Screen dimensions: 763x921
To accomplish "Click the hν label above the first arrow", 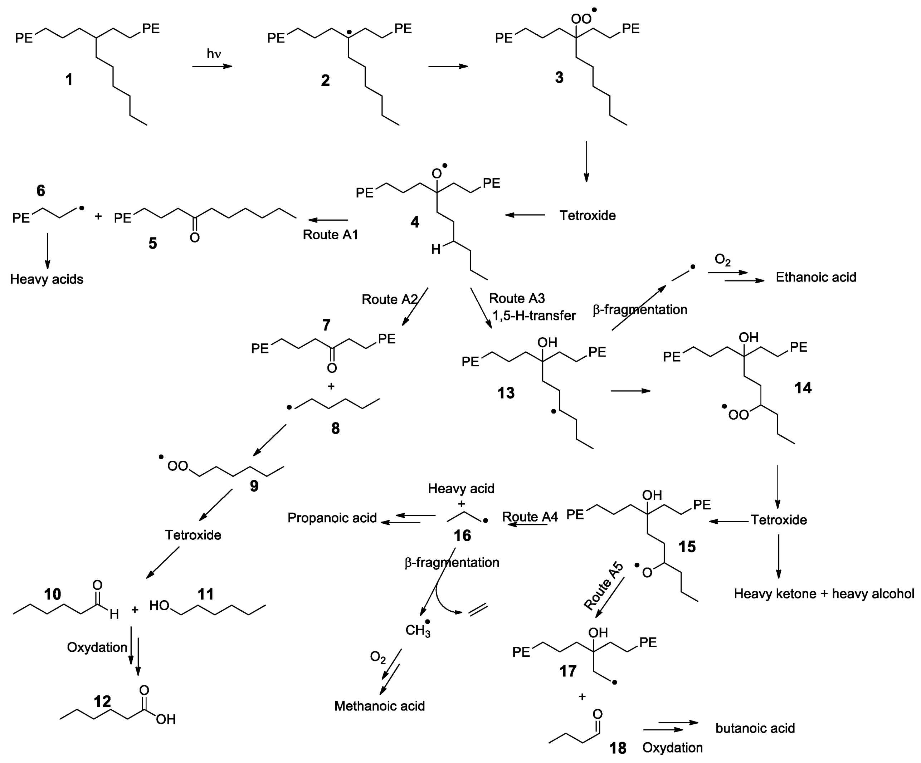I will [x=214, y=54].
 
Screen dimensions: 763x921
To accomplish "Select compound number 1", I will [x=69, y=80].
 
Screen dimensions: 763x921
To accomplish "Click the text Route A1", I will [x=330, y=235].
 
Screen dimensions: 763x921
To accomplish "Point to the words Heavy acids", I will [x=47, y=279].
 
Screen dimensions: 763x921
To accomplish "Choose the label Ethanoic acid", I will [x=816, y=277].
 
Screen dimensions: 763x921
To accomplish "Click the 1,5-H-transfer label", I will [x=534, y=316].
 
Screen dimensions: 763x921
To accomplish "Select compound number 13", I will [x=506, y=393].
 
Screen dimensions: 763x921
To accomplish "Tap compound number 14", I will [x=803, y=388].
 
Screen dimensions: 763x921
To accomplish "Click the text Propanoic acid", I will [x=332, y=518].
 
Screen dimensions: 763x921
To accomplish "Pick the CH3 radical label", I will [x=418, y=630].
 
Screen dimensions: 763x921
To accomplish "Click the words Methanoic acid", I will [x=379, y=706].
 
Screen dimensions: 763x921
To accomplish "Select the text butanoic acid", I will [x=755, y=728].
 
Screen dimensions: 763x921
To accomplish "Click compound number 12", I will [x=102, y=701].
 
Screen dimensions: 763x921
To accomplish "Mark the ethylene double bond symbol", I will [x=478, y=610].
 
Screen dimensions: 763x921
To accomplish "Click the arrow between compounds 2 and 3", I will [x=448, y=66].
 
